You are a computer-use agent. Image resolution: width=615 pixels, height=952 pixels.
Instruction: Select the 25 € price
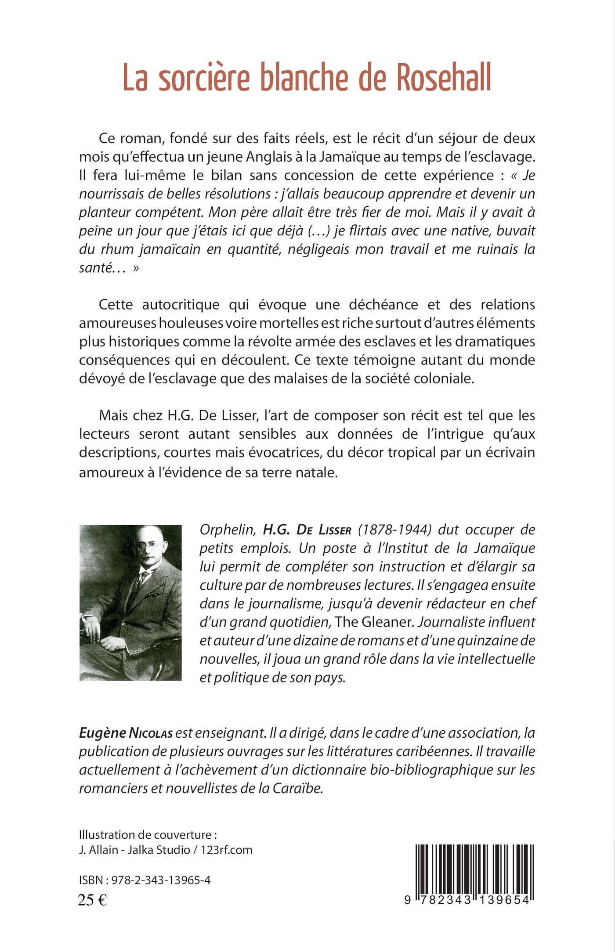pos(93,900)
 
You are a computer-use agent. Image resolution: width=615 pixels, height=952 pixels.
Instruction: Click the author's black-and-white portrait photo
pos(130,602)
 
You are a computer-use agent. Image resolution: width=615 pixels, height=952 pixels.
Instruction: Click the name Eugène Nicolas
pos(127,733)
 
